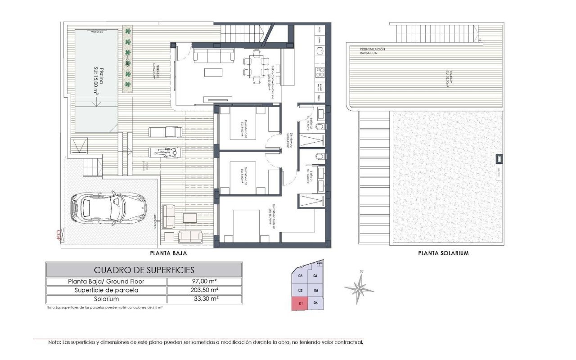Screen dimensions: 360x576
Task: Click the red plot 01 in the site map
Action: tap(299, 304)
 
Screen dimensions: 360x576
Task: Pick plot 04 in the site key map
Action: tap(315, 276)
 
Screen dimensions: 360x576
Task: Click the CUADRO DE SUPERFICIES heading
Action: tap(144, 270)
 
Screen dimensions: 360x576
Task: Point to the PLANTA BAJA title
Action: tap(168, 253)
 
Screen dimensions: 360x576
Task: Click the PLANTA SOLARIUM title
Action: tap(443, 253)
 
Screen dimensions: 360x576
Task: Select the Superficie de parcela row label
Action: tap(107, 290)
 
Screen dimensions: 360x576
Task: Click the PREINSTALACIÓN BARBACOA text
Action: tap(373, 51)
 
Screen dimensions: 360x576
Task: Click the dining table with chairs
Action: tap(255, 67)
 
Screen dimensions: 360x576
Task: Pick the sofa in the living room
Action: tap(213, 55)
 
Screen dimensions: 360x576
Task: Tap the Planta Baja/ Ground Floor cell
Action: tap(107, 281)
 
